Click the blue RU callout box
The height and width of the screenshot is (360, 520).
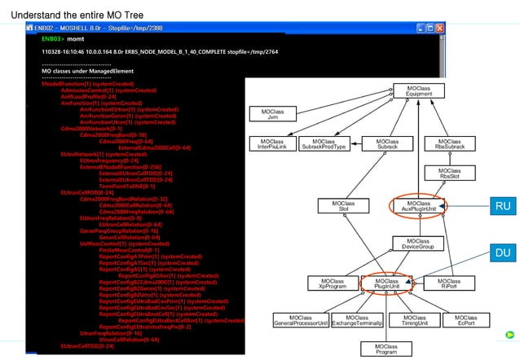pos(502,207)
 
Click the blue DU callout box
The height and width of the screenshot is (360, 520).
pos(502,253)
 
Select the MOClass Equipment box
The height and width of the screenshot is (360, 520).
pos(419,90)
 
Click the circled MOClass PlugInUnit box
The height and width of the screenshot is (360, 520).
pos(386,283)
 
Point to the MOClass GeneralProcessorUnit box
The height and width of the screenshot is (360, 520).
pos(300,320)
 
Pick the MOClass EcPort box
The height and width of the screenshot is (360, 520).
pos(465,320)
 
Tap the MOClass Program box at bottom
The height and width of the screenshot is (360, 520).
pos(386,349)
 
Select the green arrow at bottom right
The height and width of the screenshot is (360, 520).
pos(509,333)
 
